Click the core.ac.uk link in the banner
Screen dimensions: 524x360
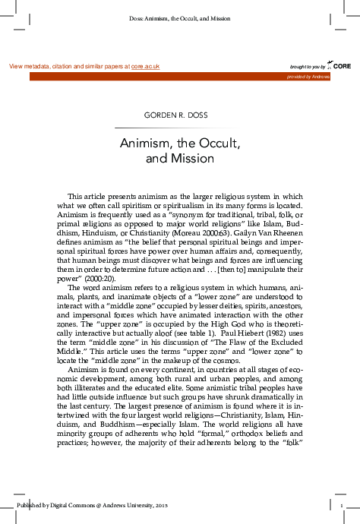[145, 67]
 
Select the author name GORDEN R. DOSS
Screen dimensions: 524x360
[180, 115]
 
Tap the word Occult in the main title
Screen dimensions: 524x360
[217, 143]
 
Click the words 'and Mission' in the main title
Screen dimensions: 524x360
[180, 159]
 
